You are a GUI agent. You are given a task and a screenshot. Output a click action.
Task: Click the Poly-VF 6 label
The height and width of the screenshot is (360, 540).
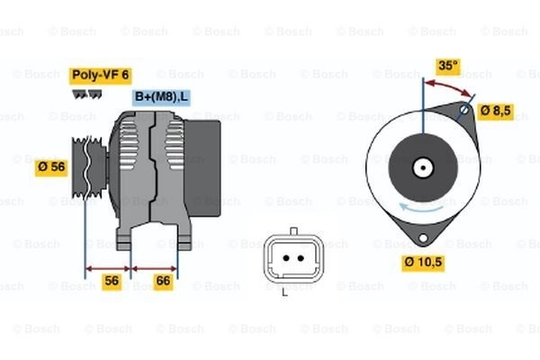click(101, 76)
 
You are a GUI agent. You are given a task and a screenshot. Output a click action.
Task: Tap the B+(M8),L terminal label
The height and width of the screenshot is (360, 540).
click(161, 97)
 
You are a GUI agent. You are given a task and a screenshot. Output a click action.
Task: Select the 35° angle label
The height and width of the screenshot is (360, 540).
click(448, 66)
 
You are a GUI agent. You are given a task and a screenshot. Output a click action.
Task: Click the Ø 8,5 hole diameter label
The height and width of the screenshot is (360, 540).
click(496, 111)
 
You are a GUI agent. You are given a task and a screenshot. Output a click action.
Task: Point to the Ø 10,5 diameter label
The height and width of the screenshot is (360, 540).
click(423, 263)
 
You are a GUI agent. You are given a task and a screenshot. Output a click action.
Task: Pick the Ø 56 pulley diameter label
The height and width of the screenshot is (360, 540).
click(51, 167)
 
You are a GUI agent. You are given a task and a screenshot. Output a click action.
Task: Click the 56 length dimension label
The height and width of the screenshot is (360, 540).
click(112, 281)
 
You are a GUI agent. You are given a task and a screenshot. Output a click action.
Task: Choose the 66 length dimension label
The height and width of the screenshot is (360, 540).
click(163, 281)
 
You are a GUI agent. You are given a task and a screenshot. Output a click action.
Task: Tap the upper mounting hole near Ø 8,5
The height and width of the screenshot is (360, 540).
click(464, 110)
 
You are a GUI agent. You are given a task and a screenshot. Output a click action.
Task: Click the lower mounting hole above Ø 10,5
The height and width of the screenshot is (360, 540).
click(423, 238)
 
